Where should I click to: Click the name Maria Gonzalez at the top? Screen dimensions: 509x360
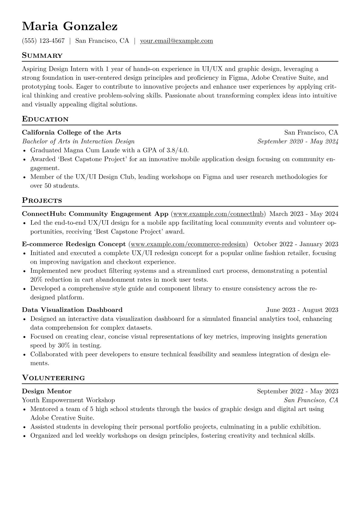70,27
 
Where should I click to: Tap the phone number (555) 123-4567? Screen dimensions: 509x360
43,41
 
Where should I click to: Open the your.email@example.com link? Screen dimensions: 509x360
176,41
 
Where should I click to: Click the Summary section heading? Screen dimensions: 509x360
42,56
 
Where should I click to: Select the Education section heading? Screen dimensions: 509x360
45,119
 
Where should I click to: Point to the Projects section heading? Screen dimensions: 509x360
42,201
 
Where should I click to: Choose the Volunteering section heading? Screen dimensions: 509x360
53,378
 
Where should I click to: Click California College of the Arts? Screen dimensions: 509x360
71,132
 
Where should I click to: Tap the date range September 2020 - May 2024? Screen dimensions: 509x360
298,141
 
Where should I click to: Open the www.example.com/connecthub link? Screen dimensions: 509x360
218,214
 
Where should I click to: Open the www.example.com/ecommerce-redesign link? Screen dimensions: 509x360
188,244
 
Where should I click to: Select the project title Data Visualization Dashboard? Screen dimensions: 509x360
72,310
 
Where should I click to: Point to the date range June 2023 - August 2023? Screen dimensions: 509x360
302,310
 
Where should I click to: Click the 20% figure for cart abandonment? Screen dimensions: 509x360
36,279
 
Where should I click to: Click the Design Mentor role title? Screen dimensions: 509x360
47,391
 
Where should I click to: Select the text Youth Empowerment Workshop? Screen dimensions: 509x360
68,400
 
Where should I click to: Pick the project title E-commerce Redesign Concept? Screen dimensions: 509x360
74,244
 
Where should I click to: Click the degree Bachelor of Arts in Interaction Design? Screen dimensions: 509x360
78,141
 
